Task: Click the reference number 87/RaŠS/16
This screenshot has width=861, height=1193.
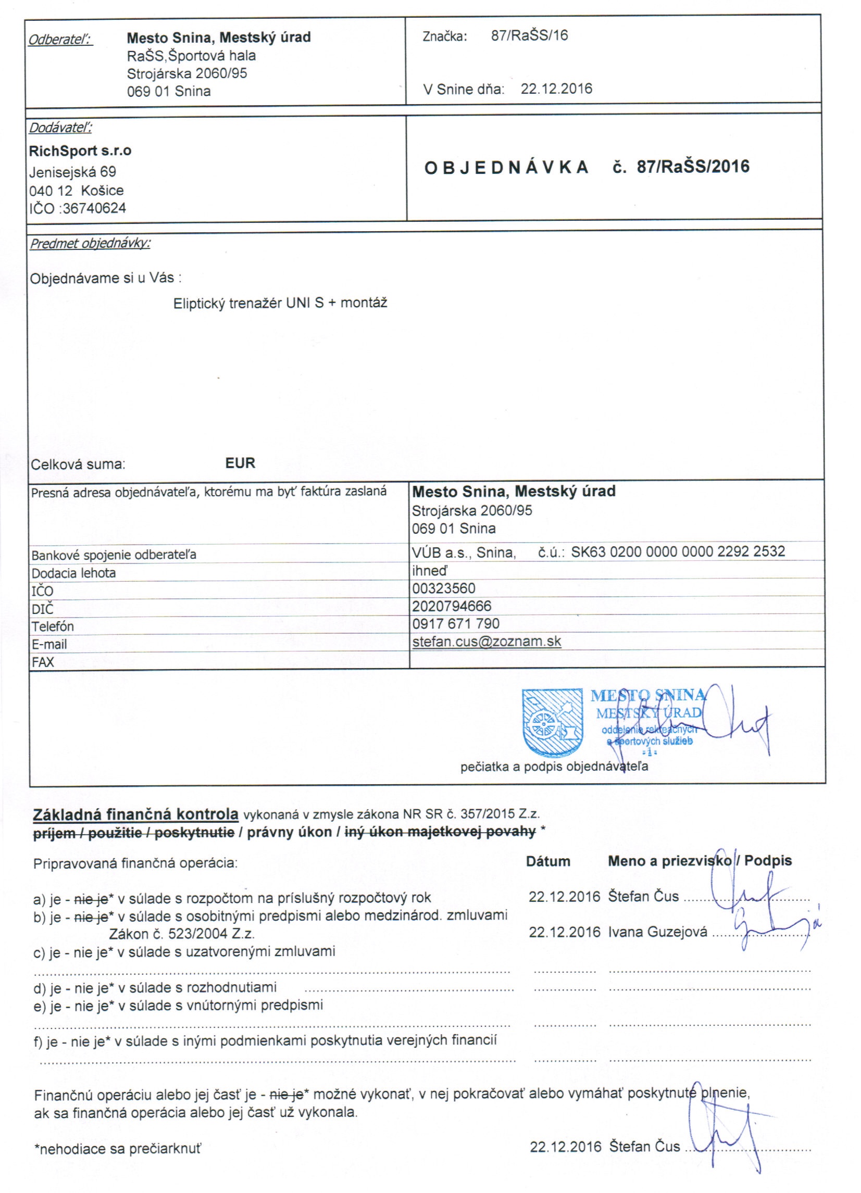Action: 529,36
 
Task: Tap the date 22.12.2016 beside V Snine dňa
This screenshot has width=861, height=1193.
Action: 556,89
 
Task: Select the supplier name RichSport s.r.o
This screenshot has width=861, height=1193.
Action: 80,151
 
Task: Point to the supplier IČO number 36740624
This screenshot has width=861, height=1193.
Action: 94,208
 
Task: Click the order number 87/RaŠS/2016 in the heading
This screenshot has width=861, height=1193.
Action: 693,167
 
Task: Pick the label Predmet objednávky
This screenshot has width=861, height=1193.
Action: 90,244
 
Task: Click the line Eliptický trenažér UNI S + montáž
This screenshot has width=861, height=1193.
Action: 280,303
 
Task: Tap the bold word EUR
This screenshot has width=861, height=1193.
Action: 240,463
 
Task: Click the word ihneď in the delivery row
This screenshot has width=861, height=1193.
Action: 429,570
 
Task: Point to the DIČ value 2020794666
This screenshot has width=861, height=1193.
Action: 452,606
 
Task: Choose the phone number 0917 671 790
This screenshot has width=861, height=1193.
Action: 456,624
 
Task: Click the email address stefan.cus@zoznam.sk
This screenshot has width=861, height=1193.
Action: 487,641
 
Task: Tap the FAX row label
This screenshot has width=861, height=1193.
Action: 43,662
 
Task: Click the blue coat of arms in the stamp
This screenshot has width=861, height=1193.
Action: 552,722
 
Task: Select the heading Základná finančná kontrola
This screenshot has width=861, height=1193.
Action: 136,814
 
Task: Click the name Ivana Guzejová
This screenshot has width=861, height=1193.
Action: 658,932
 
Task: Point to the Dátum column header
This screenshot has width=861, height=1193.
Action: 548,861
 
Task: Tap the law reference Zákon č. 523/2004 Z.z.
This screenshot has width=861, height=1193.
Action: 182,934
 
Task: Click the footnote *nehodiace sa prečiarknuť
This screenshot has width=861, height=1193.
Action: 118,1149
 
